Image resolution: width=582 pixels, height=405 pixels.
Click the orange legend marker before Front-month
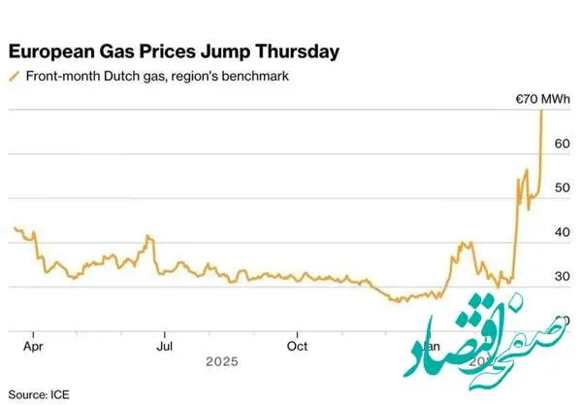[13, 75]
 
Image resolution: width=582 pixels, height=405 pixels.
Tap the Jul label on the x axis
[165, 344]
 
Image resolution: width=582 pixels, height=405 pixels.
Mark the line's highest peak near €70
[540, 111]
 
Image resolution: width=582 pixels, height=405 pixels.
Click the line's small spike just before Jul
[147, 236]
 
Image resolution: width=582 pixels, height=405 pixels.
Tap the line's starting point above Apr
[14, 227]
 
